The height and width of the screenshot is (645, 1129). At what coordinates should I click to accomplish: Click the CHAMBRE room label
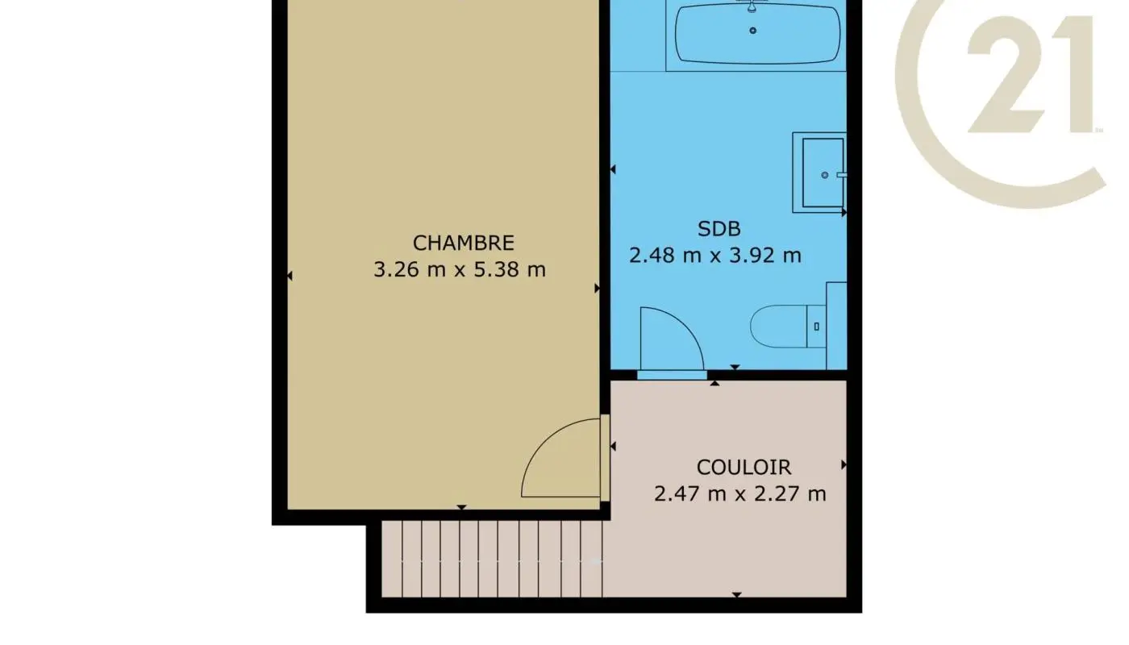tap(463, 243)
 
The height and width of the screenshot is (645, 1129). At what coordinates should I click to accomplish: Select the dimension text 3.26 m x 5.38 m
tap(459, 269)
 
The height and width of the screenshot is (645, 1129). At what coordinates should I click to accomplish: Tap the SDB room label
tap(719, 229)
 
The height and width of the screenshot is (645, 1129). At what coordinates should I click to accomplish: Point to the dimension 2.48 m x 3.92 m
tap(714, 256)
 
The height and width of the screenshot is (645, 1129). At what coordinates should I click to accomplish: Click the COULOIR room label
tap(744, 467)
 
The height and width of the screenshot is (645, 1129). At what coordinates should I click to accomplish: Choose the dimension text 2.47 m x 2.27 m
tap(739, 493)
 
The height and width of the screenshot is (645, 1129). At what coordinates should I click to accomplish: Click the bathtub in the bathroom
tap(757, 34)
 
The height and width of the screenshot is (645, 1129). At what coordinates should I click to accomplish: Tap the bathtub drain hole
tap(753, 31)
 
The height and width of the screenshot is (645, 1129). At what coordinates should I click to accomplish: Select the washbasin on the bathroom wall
tap(821, 173)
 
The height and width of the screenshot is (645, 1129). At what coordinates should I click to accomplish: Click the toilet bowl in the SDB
tap(778, 327)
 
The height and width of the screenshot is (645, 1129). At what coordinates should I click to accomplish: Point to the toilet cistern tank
tap(817, 327)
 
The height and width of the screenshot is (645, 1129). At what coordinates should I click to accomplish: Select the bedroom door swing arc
tap(560, 460)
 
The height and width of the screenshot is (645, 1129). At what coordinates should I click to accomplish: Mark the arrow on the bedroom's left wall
tap(290, 276)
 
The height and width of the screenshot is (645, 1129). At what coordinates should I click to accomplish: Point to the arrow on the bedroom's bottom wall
tap(461, 507)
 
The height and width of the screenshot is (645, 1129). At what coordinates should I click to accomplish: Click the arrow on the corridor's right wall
tap(844, 465)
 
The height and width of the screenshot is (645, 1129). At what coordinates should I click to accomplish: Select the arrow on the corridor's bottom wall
tap(736, 595)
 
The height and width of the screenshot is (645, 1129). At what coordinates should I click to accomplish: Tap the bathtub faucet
tap(752, 6)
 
